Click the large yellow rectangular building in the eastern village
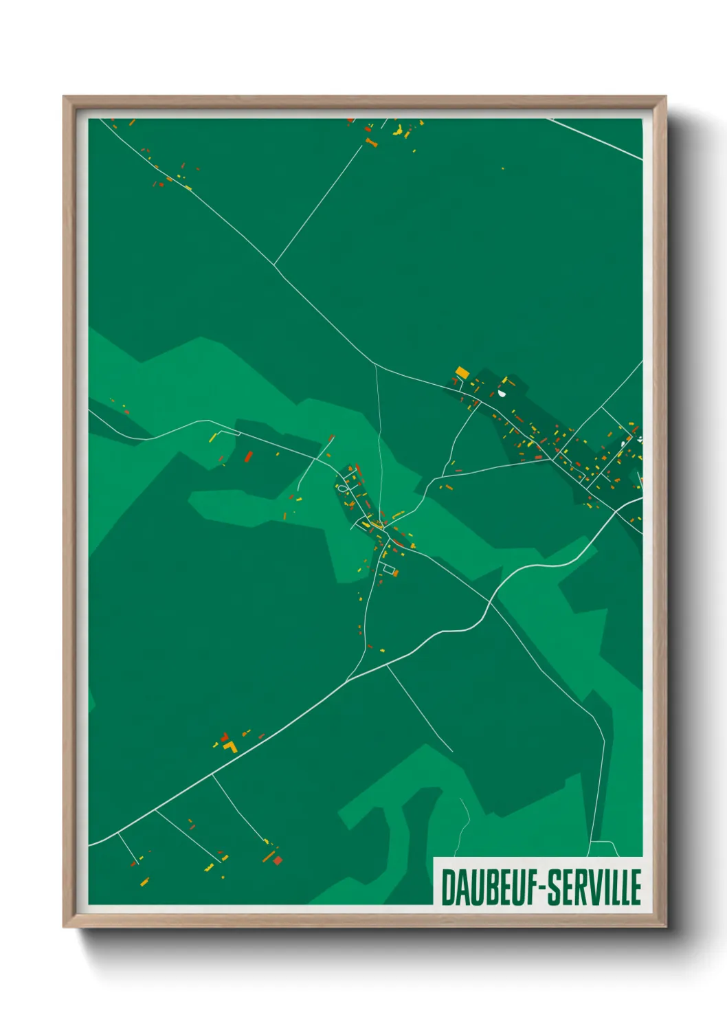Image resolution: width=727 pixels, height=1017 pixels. [x=462, y=372]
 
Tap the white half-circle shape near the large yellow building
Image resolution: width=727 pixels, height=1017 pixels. [x=502, y=394]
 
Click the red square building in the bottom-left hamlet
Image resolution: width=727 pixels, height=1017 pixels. [x=278, y=860]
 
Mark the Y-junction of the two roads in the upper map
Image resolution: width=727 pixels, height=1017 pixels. [x=274, y=265]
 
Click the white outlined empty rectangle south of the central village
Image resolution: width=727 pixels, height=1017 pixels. [x=390, y=568]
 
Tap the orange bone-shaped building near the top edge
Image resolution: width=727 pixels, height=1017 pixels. [x=371, y=143]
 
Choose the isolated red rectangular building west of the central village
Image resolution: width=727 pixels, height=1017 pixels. [x=249, y=456]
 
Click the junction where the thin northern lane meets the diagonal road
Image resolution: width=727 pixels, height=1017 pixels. [x=375, y=364]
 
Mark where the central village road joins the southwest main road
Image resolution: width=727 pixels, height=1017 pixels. [x=348, y=680]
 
